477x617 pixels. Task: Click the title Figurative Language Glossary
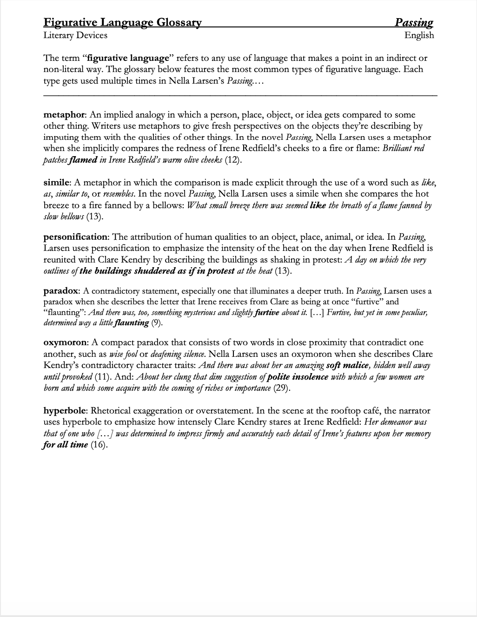(x=122, y=22)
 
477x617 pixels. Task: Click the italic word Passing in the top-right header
(x=414, y=22)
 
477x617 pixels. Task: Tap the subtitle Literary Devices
(x=75, y=35)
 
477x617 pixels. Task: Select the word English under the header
(x=419, y=35)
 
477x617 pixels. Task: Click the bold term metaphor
(x=64, y=115)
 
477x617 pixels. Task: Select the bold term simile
(x=57, y=183)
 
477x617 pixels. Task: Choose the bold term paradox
(x=61, y=291)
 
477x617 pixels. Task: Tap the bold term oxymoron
(x=65, y=342)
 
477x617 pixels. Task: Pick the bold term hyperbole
(x=65, y=411)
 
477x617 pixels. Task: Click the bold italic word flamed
(x=83, y=160)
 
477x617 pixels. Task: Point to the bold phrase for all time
(x=66, y=445)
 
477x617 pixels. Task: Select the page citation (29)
(x=282, y=388)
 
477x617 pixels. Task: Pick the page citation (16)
(x=99, y=445)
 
